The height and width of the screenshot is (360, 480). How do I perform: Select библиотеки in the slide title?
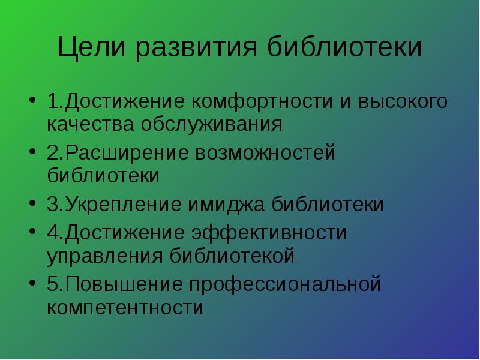coord(345,48)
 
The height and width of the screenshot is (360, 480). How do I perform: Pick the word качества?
coord(86,125)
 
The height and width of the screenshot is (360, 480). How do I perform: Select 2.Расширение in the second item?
coord(116,154)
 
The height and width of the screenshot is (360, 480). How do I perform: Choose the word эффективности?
coord(269,233)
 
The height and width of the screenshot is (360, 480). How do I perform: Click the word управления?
coord(104,256)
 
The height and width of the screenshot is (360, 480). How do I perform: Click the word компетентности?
coord(125,308)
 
